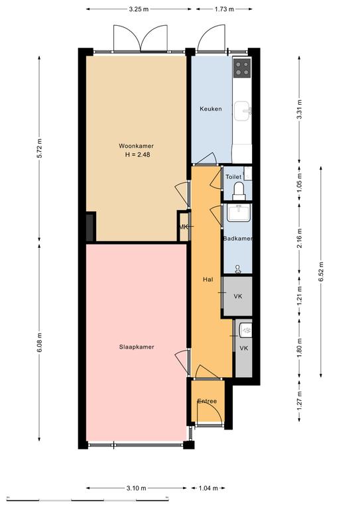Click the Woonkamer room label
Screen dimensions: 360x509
pyautogui.click(x=136, y=146)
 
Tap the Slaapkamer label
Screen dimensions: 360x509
pyautogui.click(x=137, y=347)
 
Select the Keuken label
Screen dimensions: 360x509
pyautogui.click(x=211, y=109)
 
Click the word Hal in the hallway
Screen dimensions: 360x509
pyautogui.click(x=208, y=279)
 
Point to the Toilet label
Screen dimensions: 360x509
pyautogui.click(x=233, y=177)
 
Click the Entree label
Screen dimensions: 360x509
pyautogui.click(x=207, y=401)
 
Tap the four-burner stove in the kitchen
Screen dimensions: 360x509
pyautogui.click(x=242, y=68)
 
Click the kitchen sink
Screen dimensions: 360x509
pyautogui.click(x=243, y=111)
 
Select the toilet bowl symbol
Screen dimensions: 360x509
pyautogui.click(x=239, y=192)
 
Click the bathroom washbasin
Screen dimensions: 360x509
pyautogui.click(x=239, y=213)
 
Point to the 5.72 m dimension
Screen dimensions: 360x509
pyautogui.click(x=40, y=148)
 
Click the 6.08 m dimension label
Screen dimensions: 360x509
pyautogui.click(x=40, y=343)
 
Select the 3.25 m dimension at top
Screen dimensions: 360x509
pyautogui.click(x=139, y=9)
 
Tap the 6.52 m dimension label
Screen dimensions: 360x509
pyautogui.click(x=321, y=272)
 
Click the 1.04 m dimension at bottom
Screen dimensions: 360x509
pyautogui.click(x=208, y=488)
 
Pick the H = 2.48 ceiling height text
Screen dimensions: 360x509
pyautogui.click(x=138, y=155)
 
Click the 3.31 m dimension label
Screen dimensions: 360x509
pyautogui.click(x=299, y=109)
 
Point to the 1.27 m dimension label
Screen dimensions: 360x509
pyautogui.click(x=299, y=401)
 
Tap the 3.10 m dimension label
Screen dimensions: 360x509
pyautogui.click(x=137, y=488)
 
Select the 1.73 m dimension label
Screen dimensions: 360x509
pyautogui.click(x=224, y=9)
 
